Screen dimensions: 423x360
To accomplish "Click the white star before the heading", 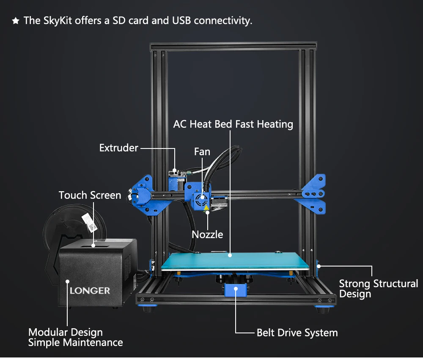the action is (x=16, y=21).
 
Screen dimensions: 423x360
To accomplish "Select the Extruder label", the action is (x=119, y=148).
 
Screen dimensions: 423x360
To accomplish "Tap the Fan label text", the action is (x=202, y=152).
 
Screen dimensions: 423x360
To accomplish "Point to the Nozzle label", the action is (x=207, y=234).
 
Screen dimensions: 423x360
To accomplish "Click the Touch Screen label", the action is (x=90, y=195).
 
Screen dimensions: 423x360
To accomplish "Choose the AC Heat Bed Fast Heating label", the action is (x=233, y=124).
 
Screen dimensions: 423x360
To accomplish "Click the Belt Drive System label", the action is (x=297, y=333).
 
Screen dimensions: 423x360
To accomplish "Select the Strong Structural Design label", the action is (x=379, y=289).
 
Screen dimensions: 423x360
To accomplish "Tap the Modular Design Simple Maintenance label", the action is (x=76, y=337).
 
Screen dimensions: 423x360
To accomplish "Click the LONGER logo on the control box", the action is (x=90, y=291).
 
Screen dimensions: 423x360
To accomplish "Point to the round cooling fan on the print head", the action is (x=201, y=200).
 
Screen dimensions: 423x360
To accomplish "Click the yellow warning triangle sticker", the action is (x=206, y=208).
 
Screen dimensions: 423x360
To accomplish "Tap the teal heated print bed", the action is (x=234, y=261).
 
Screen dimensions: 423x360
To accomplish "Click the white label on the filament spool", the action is (x=90, y=223).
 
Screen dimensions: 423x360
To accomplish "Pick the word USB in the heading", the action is (x=181, y=21).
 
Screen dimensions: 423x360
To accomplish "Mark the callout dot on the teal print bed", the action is (x=230, y=255).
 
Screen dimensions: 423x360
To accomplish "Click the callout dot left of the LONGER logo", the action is (x=67, y=281).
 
